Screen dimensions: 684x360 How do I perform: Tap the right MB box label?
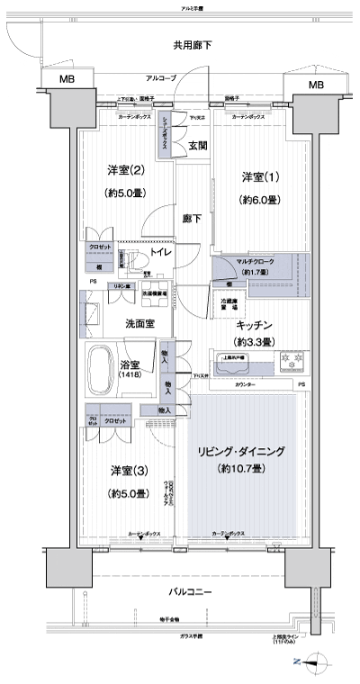tap(315, 85)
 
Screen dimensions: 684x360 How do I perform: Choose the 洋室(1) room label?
tap(257, 175)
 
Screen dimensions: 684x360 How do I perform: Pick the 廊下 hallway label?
tap(192, 218)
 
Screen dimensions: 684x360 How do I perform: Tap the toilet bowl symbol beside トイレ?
tap(136, 259)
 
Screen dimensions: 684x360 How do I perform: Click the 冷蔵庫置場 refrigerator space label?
tap(231, 304)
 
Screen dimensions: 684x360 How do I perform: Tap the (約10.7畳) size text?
tap(241, 469)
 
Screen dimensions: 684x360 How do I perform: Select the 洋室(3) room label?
tap(128, 470)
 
